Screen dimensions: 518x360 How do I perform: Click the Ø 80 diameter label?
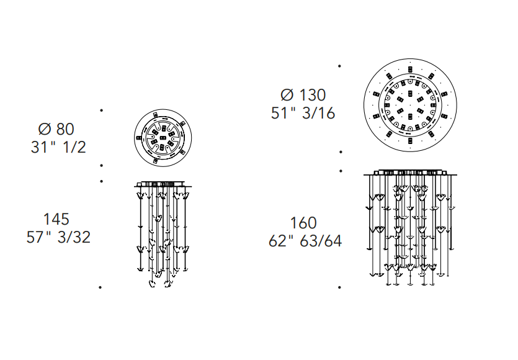pos(56,129)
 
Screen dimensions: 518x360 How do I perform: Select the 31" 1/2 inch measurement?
pos(58,147)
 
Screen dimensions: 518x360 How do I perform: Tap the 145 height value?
pos(56,219)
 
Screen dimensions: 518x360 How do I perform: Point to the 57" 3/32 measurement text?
pos(58,237)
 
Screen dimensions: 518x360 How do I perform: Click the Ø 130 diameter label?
pos(303,95)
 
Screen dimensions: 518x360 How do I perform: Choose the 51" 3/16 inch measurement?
pos(303,113)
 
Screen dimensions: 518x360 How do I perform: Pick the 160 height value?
pos(303,223)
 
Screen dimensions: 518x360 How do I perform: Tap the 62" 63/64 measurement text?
pos(305,241)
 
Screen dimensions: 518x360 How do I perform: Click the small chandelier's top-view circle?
pos(163,110)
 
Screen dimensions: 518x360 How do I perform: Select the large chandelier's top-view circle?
pos(410,60)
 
